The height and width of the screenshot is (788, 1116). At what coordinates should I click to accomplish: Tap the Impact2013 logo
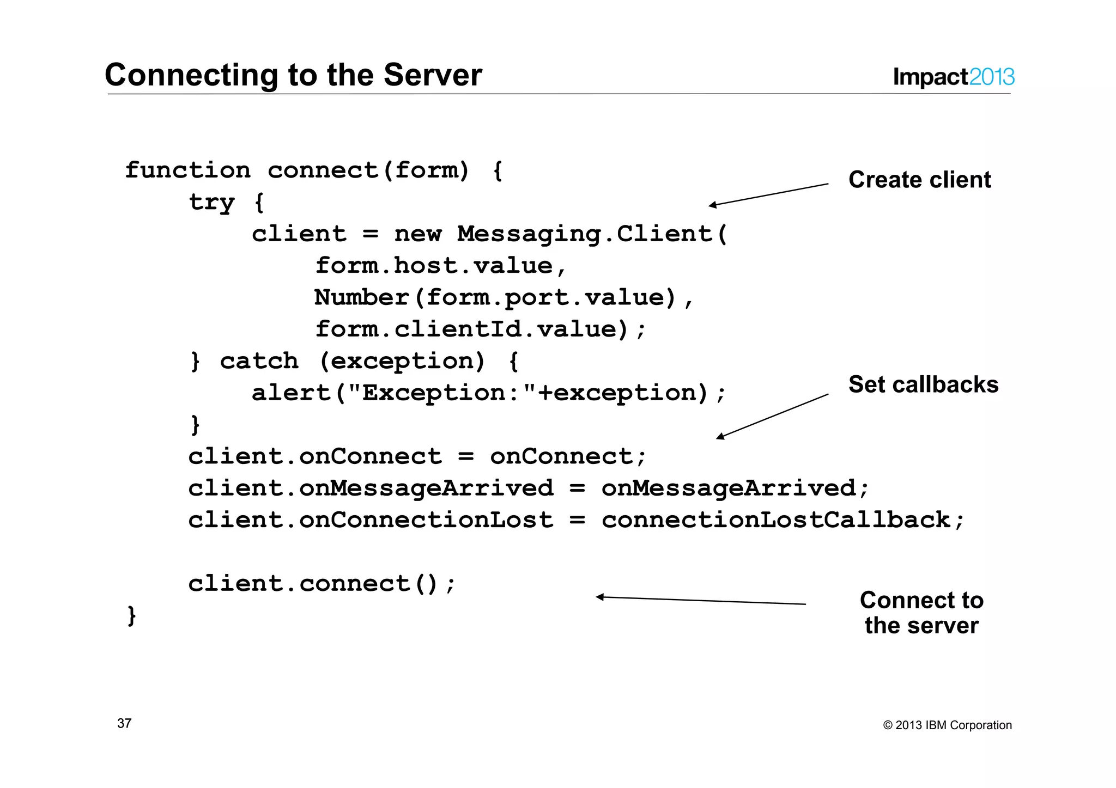tap(953, 77)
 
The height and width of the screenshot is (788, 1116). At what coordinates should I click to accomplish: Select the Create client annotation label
tap(919, 180)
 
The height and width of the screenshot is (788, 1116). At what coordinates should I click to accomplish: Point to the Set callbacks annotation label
tap(923, 384)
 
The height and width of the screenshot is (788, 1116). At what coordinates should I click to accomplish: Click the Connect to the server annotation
tap(921, 613)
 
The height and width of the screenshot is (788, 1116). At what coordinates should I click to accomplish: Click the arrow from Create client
tap(768, 194)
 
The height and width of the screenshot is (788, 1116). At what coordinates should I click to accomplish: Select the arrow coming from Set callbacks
tap(772, 416)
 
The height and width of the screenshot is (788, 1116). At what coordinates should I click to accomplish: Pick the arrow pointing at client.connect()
tap(701, 601)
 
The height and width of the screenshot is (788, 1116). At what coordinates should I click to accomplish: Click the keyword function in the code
tap(187, 170)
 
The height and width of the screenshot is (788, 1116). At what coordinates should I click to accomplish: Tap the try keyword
tap(211, 203)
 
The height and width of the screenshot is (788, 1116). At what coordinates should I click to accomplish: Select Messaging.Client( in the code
tap(592, 234)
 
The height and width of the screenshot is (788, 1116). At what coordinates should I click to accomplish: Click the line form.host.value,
tap(441, 266)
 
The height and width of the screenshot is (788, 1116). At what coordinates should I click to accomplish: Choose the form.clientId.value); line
tap(480, 329)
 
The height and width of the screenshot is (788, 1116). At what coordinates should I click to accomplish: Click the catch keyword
tap(259, 361)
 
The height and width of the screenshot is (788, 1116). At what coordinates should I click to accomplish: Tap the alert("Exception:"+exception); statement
tap(489, 393)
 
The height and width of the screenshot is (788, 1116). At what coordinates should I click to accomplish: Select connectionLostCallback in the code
tap(776, 520)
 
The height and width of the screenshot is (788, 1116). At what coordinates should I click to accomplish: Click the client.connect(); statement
tap(322, 584)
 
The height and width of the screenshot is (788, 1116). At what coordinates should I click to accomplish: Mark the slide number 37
tap(124, 723)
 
